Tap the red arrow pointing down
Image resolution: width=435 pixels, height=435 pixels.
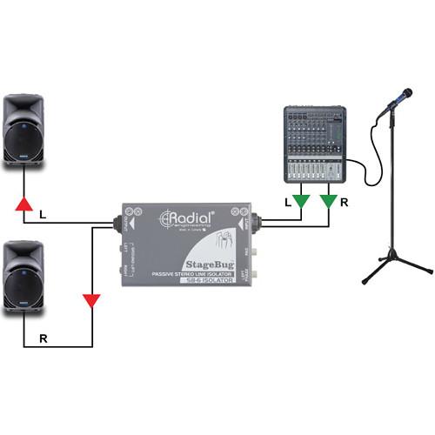[x=90, y=302]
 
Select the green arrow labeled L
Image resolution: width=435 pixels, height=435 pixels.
[x=300, y=203]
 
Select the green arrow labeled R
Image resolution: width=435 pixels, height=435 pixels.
[x=330, y=203]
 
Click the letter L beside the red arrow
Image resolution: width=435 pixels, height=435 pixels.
[x=43, y=212]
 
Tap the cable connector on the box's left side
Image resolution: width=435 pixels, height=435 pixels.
[x=116, y=224]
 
